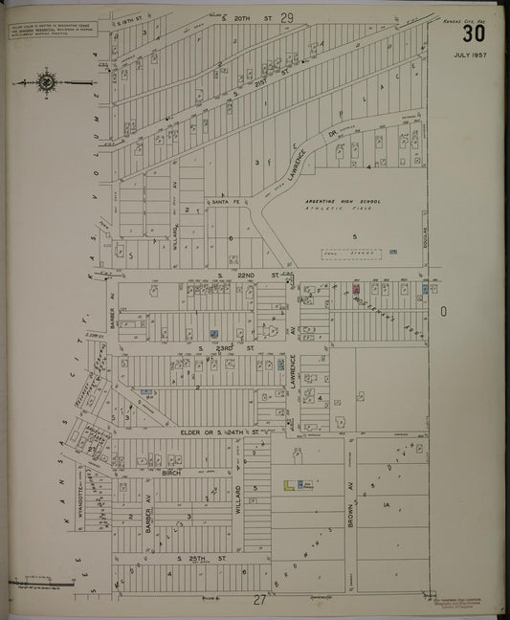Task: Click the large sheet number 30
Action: tap(473, 34)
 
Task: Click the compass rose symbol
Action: tap(46, 83)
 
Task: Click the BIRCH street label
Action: tap(171, 473)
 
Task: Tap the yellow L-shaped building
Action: tap(289, 486)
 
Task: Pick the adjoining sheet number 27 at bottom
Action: tap(258, 601)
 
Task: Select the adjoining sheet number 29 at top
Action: tap(286, 17)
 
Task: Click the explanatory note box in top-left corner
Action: tap(42, 32)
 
